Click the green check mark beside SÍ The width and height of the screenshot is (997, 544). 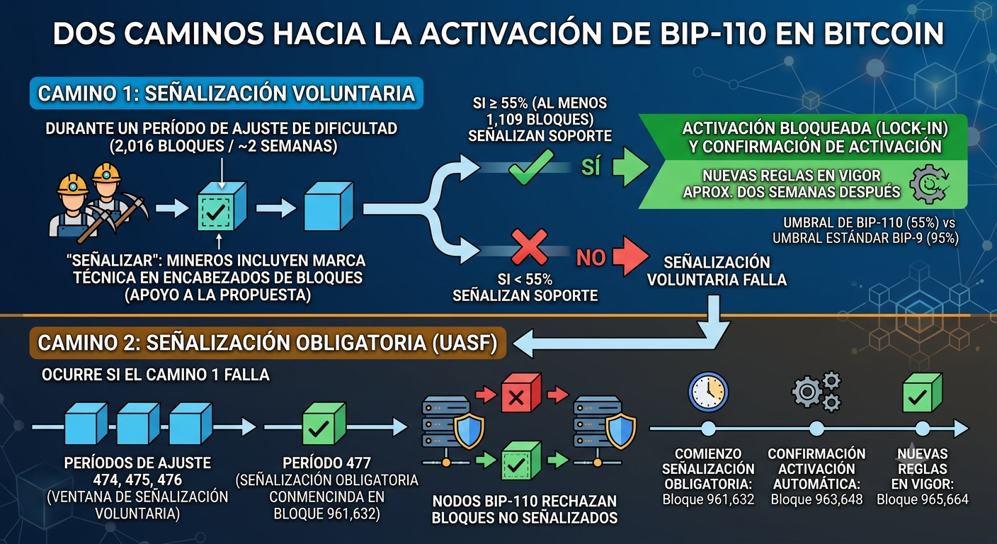[x=530, y=167]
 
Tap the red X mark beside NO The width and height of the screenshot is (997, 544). [x=529, y=247]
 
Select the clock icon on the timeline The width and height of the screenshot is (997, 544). [x=708, y=392]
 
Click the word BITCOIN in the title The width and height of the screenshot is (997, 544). [x=884, y=33]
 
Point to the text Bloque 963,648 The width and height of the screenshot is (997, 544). [x=816, y=499]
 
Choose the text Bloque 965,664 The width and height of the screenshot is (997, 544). [x=922, y=499]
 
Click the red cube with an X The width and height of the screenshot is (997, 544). [x=521, y=392]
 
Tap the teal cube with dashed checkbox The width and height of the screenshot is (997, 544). [x=222, y=206]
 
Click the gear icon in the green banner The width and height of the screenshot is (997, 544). [x=929, y=184]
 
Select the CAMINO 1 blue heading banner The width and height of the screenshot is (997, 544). [x=226, y=93]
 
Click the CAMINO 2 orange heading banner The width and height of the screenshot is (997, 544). [x=268, y=343]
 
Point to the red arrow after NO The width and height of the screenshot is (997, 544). [x=629, y=256]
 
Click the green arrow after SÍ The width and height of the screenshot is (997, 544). [x=630, y=166]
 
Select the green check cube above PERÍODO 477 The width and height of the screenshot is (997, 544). [x=324, y=424]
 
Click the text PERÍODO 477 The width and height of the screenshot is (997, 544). [x=326, y=463]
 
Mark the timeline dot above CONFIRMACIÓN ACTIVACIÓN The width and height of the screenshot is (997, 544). [x=816, y=429]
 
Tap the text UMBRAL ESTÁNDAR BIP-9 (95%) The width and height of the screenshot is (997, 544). [x=865, y=238]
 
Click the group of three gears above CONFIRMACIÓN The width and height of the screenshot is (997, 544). [x=816, y=392]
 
